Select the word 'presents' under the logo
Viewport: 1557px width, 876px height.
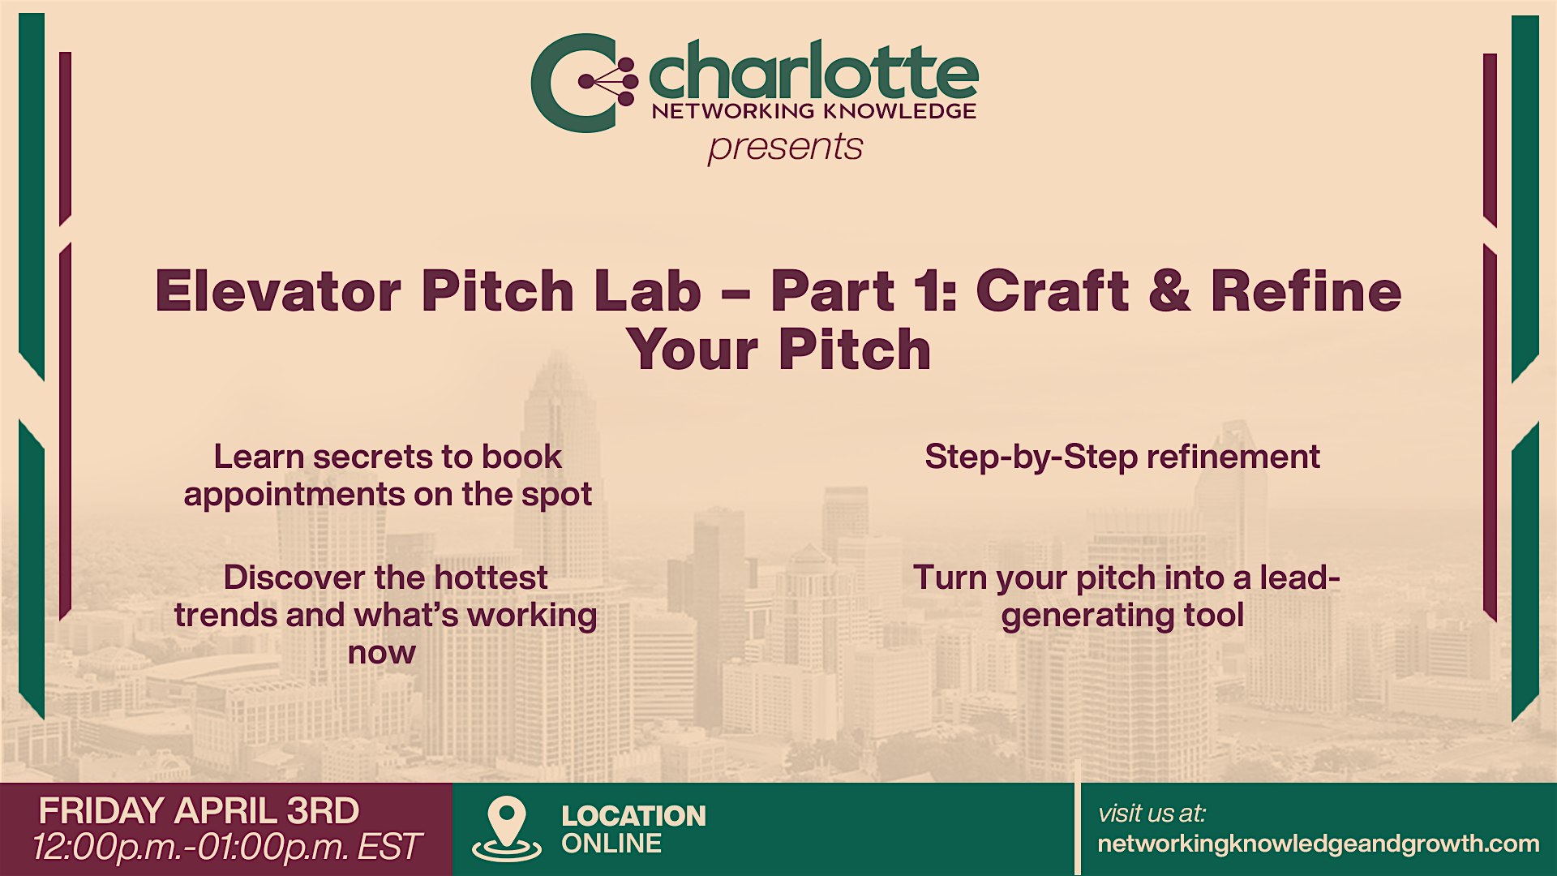[785, 148]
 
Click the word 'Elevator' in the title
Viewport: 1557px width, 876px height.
[278, 291]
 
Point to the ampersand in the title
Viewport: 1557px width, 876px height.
[1169, 291]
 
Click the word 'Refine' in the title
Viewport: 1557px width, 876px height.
[1306, 291]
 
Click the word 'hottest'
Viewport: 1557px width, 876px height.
[491, 578]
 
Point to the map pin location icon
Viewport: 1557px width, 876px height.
[507, 828]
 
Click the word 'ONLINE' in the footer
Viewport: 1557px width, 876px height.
[611, 844]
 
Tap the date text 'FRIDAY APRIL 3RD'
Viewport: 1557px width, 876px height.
[199, 811]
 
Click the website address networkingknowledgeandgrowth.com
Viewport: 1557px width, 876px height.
[1319, 844]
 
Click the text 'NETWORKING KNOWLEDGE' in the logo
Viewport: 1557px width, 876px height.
[814, 110]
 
